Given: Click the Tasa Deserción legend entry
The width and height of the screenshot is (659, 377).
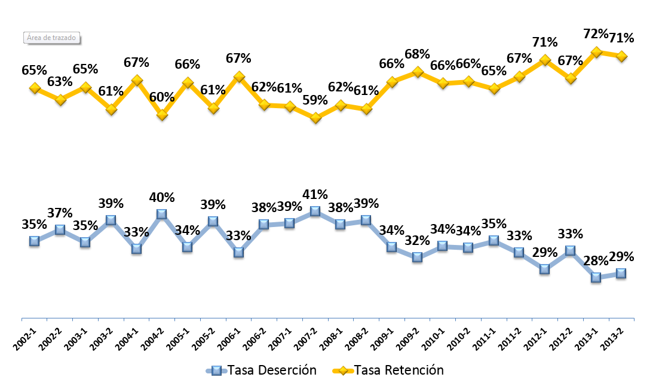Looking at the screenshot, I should click(x=262, y=370).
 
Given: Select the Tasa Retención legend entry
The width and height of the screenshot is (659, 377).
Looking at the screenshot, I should click(x=388, y=370).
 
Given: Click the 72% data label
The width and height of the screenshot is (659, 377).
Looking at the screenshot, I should click(x=596, y=33).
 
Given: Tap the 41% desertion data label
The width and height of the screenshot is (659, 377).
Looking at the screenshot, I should click(x=315, y=195).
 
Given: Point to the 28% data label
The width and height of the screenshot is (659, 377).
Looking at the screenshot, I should click(x=596, y=260).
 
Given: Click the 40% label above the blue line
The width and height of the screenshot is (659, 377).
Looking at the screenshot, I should click(x=162, y=197).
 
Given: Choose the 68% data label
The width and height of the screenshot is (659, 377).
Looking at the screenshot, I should click(x=418, y=54).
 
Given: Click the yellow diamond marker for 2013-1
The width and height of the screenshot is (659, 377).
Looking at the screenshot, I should click(x=596, y=52).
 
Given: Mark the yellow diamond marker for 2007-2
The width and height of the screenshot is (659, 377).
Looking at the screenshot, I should click(x=315, y=118).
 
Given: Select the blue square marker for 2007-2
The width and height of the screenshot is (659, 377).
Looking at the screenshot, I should click(x=315, y=211).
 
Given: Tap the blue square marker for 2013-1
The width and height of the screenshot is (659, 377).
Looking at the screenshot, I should click(x=596, y=277).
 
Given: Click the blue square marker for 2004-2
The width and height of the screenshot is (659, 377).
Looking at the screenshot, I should click(x=162, y=214).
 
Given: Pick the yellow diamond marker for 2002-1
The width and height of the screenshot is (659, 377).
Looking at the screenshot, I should click(x=35, y=88).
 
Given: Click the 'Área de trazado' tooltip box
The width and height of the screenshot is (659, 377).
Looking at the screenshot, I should click(x=52, y=38).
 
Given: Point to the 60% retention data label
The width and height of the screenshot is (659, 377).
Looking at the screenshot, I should click(x=162, y=97).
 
